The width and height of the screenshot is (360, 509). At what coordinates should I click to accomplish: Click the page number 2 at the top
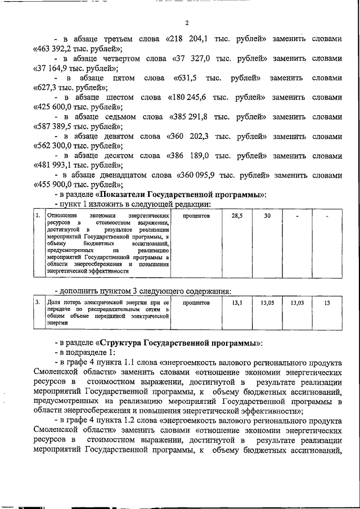coord(186,23)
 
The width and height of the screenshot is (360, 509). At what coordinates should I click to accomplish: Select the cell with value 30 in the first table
coord(267,215)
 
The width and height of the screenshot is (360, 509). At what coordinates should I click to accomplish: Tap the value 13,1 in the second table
coord(237,303)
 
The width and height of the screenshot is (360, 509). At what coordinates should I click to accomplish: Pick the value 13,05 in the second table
coord(267,303)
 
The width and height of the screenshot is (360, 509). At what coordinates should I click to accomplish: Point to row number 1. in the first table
coord(37,215)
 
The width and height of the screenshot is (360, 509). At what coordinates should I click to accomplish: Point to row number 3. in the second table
coord(37,303)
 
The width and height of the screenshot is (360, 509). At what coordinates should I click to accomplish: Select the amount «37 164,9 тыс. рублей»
coord(71,69)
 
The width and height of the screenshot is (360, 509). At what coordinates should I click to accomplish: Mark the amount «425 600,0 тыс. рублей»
coord(74,107)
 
